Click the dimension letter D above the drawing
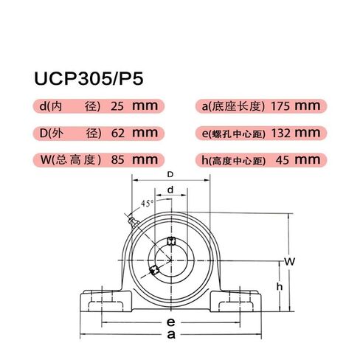(170, 175)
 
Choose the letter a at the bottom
(170, 336)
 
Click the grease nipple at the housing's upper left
(130, 219)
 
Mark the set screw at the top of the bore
(170, 241)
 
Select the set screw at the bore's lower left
(154, 271)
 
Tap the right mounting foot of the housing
(238, 301)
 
